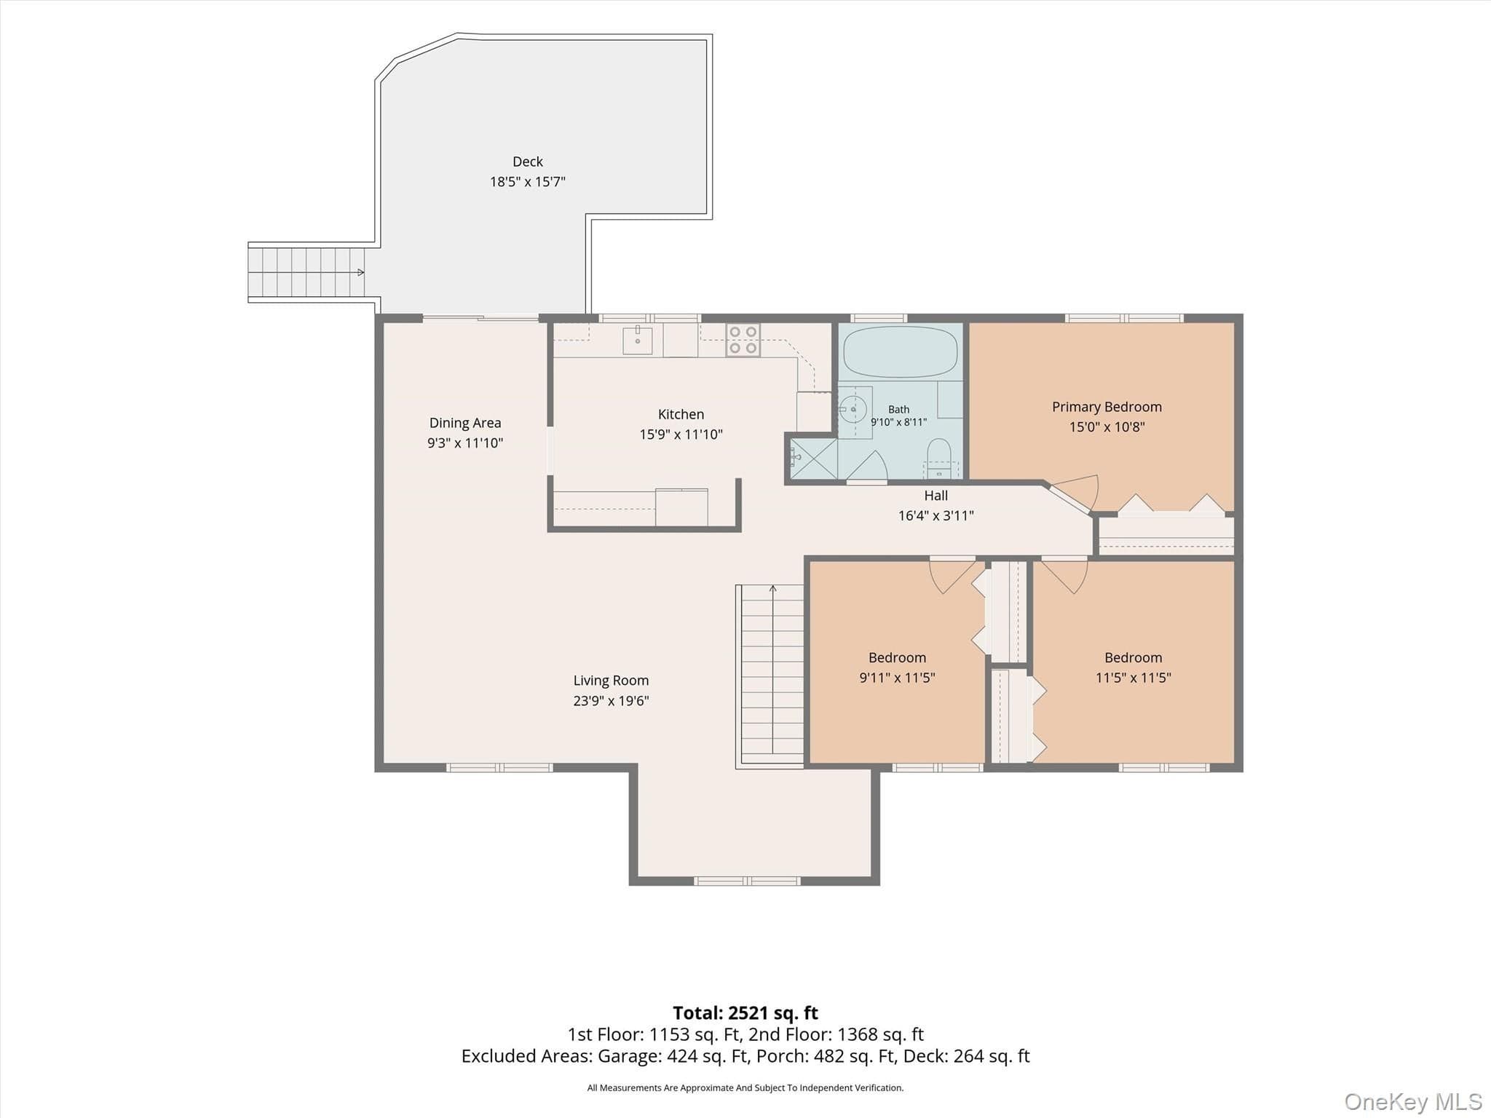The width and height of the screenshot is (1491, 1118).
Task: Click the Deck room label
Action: pyautogui.click(x=527, y=162)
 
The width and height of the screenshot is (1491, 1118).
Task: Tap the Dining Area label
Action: pyautogui.click(x=465, y=423)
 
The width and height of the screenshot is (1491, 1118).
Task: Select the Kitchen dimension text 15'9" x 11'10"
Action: pyautogui.click(x=681, y=435)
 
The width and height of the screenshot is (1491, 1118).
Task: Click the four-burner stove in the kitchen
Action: pyautogui.click(x=743, y=340)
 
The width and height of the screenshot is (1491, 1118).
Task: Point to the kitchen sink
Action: pyautogui.click(x=638, y=341)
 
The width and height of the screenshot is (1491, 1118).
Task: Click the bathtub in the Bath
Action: pyautogui.click(x=900, y=352)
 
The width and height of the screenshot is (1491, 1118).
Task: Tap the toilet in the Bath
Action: pyautogui.click(x=938, y=459)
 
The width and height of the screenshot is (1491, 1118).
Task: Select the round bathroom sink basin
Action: pyautogui.click(x=853, y=410)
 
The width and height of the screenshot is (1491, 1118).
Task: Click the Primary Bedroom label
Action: pyautogui.click(x=1107, y=407)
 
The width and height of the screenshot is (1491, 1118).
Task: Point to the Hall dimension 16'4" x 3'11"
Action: pyautogui.click(x=936, y=515)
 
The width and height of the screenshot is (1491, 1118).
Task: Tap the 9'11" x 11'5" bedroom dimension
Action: pyautogui.click(x=897, y=678)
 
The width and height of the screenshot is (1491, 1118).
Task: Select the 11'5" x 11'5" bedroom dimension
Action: pyautogui.click(x=1133, y=678)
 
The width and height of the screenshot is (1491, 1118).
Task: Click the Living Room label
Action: pyautogui.click(x=611, y=681)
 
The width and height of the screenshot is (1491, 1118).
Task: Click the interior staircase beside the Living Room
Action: pyautogui.click(x=771, y=675)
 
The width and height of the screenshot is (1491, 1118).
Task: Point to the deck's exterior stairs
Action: pyautogui.click(x=306, y=272)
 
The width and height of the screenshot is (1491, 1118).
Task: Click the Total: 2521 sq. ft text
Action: pyautogui.click(x=745, y=1012)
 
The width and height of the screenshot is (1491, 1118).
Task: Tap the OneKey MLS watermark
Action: pyautogui.click(x=1413, y=1101)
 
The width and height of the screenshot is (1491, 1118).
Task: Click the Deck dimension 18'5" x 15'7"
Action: pyautogui.click(x=527, y=182)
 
